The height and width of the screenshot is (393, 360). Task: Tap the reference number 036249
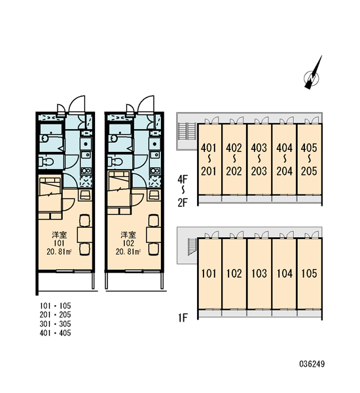click(312, 364)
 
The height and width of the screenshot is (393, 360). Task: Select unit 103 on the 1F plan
click(259, 273)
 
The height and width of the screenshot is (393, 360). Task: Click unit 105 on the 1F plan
click(309, 273)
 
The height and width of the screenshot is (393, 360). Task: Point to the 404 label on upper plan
click(284, 148)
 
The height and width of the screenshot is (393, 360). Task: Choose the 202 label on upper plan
click(234, 171)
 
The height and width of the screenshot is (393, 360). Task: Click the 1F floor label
click(183, 318)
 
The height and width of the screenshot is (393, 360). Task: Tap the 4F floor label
click(183, 179)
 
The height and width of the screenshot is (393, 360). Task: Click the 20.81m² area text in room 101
click(59, 252)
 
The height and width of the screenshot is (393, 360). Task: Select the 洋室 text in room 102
click(128, 235)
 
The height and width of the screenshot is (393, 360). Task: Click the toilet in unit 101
click(46, 162)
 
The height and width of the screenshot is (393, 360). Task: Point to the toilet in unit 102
click(115, 162)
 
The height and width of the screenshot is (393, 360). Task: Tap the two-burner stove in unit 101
click(86, 171)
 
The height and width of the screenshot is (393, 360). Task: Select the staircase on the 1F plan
click(192, 247)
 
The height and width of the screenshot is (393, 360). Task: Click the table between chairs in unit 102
click(154, 234)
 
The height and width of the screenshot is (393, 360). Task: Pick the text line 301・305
click(55, 324)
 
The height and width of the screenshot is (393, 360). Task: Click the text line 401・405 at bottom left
click(55, 333)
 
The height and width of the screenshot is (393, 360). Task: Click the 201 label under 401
click(209, 171)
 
